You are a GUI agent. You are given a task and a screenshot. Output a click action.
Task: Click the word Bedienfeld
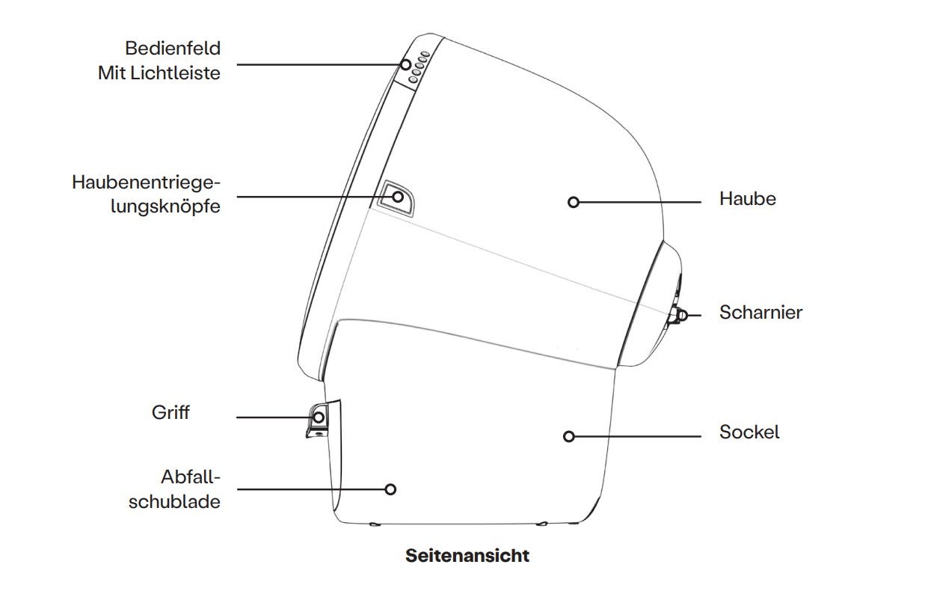tap(173, 49)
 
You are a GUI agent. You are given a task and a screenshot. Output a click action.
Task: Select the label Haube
tap(747, 199)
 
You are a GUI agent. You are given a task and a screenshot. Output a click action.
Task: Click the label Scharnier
tap(761, 312)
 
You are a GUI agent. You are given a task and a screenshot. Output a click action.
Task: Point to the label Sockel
tap(749, 432)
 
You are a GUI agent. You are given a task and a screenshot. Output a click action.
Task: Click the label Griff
tap(170, 412)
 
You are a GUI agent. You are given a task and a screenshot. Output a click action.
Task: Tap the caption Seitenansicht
tap(467, 556)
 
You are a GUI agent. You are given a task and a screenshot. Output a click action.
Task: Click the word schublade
tap(174, 501)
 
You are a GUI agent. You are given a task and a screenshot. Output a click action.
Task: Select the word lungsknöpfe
tap(165, 206)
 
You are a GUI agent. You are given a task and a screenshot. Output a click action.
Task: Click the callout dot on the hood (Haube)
tap(574, 202)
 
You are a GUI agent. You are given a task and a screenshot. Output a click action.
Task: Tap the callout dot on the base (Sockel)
tap(569, 436)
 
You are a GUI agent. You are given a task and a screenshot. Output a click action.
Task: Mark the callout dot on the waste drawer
tap(390, 489)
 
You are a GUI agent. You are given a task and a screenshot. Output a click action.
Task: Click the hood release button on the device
tap(397, 198)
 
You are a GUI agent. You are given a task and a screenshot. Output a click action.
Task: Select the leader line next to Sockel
tap(636, 436)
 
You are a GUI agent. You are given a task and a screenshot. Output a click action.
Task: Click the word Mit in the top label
tap(111, 73)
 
